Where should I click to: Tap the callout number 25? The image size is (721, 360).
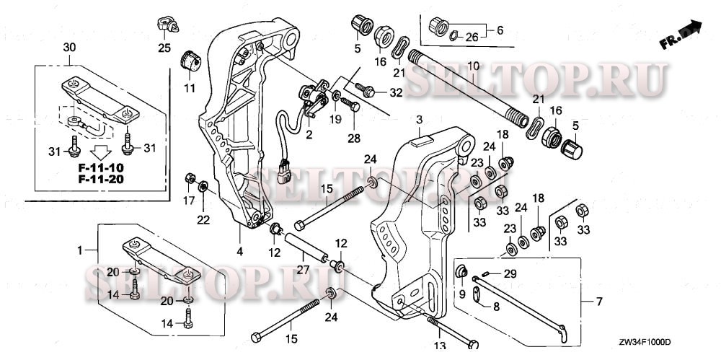(x=165, y=48)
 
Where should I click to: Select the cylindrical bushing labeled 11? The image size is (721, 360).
(x=190, y=61)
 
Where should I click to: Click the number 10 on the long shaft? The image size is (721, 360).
(x=472, y=66)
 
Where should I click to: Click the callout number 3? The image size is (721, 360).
(x=420, y=118)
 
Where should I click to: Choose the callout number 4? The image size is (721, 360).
(x=240, y=252)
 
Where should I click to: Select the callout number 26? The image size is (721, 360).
(x=470, y=36)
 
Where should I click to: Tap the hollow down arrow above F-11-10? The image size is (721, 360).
(x=100, y=152)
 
